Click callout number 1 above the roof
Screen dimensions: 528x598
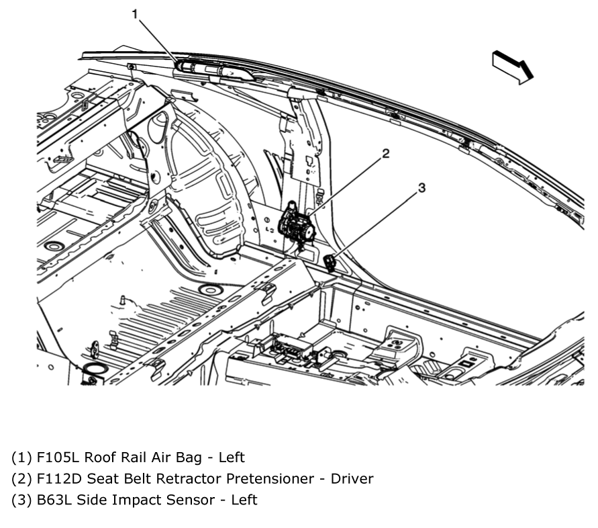click(136, 13)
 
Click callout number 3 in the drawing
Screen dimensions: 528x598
click(421, 189)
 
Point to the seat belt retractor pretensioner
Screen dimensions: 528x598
click(297, 226)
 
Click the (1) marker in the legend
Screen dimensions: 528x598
click(21, 457)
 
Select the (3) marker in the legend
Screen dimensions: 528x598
click(21, 500)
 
